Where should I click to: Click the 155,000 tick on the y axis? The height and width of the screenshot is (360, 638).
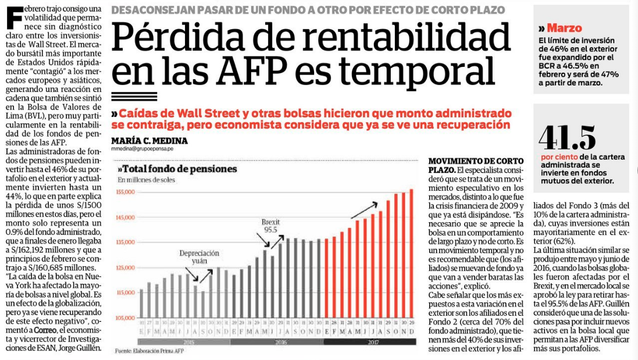coord(126,192)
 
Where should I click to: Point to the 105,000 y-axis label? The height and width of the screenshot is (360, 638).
coord(126,318)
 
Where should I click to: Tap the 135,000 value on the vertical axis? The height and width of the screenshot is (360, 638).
coord(126,242)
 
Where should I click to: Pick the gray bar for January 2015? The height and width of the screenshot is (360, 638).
coord(141,303)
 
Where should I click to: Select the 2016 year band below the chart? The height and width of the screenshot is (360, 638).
coord(276,342)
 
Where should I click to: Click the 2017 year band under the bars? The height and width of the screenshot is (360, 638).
coord(369,342)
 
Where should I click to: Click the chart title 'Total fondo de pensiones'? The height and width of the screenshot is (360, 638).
coord(177,169)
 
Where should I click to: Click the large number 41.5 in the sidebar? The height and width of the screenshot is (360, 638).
coord(567,138)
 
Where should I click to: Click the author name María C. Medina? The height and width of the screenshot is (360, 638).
coord(149,141)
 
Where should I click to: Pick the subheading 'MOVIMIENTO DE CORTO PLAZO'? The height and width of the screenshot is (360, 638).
coord(476,165)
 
